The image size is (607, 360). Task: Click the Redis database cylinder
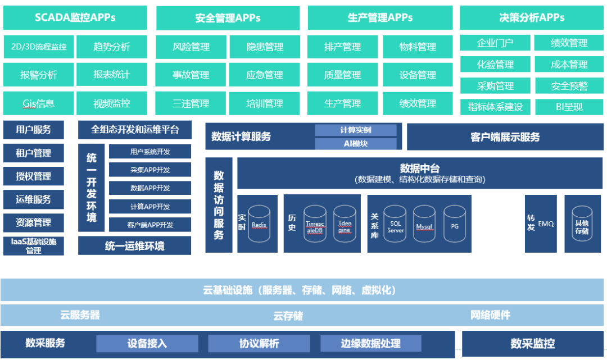click(259, 224)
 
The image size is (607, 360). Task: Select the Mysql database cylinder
click(424, 224)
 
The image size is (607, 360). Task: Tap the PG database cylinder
click(455, 224)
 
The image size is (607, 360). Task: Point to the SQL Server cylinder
click(395, 224)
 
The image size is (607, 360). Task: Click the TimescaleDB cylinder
click(315, 224)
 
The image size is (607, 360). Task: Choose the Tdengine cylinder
click(345, 224)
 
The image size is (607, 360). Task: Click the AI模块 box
click(356, 144)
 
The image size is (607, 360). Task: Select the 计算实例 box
click(356, 130)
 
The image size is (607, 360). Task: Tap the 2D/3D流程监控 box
click(39, 47)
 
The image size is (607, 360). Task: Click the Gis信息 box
click(39, 103)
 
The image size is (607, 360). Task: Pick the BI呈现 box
click(569, 107)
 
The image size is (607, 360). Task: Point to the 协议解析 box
click(259, 343)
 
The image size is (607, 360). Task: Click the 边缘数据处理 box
click(370, 343)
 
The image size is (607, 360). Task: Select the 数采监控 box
click(533, 343)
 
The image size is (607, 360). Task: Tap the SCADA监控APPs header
click(75, 17)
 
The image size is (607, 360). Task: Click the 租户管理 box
click(34, 153)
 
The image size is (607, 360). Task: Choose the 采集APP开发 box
click(150, 170)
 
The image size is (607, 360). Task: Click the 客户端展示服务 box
click(505, 137)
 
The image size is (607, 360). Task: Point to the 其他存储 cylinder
click(582, 224)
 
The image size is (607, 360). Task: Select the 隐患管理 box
click(265, 47)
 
